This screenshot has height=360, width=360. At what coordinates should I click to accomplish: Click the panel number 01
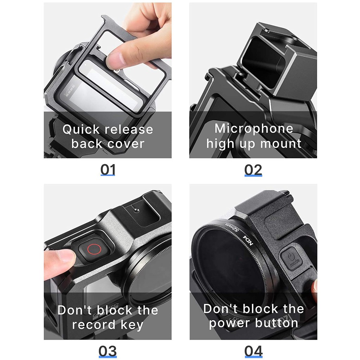click(x=108, y=170)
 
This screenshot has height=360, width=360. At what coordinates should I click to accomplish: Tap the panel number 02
click(x=253, y=170)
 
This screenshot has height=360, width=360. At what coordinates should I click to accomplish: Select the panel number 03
click(x=108, y=351)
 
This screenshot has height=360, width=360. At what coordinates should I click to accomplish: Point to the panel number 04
click(x=253, y=351)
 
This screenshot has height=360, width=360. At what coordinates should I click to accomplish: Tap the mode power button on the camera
click(x=291, y=257)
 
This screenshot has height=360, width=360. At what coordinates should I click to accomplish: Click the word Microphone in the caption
click(x=254, y=128)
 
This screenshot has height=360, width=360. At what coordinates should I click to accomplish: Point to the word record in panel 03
click(x=93, y=324)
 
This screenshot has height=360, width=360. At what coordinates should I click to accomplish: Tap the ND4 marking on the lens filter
click(x=248, y=240)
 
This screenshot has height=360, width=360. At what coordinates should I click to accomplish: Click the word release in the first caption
click(x=130, y=129)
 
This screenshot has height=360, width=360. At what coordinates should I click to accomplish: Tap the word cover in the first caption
click(x=126, y=144)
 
